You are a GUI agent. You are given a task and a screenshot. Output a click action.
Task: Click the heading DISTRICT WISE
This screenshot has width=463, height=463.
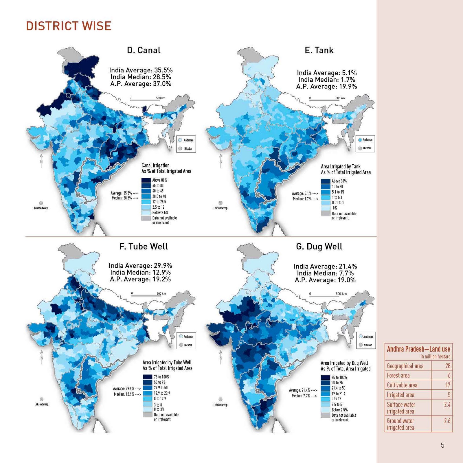point(69,26)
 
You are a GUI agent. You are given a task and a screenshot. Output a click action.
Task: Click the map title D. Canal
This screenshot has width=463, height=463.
point(144,50)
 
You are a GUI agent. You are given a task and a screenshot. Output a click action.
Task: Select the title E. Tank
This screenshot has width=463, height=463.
point(319,50)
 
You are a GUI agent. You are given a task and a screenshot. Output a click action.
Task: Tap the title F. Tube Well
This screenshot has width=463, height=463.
point(144,246)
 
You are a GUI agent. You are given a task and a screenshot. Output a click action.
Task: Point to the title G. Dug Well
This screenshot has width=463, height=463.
point(319,246)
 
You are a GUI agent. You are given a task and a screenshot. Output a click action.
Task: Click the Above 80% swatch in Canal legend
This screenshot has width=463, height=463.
point(146,180)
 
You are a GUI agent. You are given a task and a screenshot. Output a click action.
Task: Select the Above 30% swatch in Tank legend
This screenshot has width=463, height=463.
point(326,181)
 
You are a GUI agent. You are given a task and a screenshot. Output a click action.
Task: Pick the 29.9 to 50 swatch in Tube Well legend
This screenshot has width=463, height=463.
point(147,388)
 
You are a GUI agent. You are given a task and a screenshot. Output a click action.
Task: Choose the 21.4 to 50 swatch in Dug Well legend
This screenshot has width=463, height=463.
point(325,388)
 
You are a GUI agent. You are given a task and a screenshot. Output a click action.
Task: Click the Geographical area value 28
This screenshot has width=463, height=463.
point(448,366)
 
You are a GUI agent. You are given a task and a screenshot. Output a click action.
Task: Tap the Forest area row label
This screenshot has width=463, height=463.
point(398,375)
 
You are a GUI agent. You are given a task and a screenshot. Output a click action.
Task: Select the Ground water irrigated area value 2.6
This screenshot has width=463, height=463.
point(447,421)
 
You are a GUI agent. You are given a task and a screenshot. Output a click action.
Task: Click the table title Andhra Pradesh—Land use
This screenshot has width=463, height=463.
point(418,349)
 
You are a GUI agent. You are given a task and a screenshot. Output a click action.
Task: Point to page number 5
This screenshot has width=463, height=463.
point(442,445)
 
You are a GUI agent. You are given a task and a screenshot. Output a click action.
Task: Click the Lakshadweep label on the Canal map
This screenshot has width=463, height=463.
point(41,208)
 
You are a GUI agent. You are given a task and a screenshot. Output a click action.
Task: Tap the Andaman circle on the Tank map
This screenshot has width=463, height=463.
point(360,140)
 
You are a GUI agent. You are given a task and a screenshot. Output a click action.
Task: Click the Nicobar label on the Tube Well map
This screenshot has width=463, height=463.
point(188,345)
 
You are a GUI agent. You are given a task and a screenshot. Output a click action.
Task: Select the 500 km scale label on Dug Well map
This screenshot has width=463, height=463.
point(341,294)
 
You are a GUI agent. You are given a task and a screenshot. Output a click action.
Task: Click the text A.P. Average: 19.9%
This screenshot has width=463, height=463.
point(326,86)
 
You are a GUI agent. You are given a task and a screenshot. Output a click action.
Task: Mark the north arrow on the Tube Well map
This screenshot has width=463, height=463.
point(42,357)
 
